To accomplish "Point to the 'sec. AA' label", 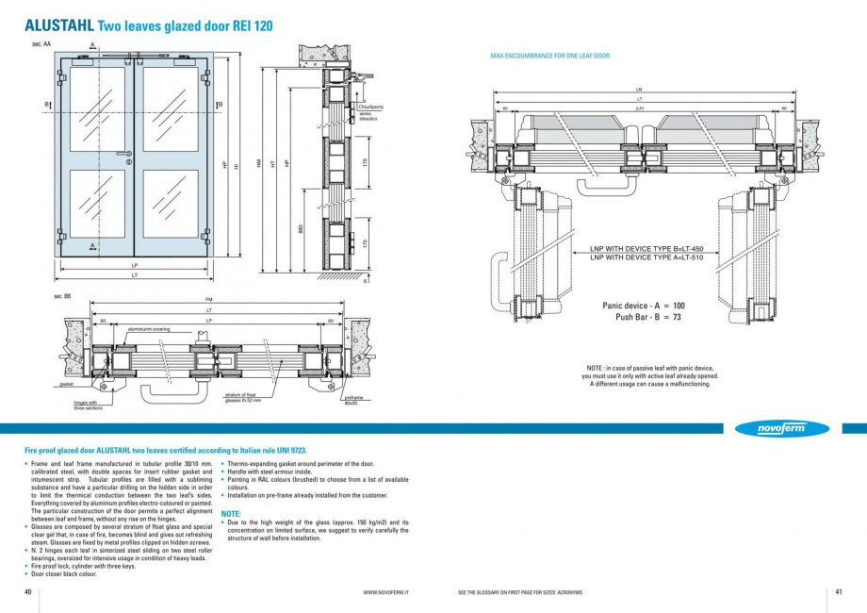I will point(41,43).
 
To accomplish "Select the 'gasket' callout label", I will point(66,385).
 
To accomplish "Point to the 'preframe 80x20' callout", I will point(353,399).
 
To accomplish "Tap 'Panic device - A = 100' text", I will point(643,306).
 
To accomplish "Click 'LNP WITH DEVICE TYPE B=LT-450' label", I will point(646,249).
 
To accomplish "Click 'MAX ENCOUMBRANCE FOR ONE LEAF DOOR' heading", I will point(549,57).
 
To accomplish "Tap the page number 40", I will point(28,592).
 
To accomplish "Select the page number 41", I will point(838,592).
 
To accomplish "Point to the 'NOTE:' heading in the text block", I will point(231,513).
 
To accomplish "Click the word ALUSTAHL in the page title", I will point(58,26).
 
